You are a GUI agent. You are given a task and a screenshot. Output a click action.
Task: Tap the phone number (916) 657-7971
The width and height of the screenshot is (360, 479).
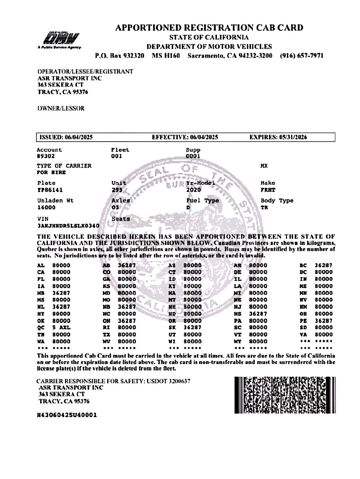[x=301, y=55]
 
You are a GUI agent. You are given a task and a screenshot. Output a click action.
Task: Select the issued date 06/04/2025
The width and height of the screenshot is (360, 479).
[x=77, y=137]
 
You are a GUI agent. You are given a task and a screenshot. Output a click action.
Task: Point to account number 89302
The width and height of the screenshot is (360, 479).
[x=46, y=156]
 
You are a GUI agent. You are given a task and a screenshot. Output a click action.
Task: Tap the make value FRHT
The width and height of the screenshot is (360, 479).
[x=267, y=189]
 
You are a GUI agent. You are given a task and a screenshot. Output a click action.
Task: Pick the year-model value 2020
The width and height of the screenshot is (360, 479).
[x=193, y=189]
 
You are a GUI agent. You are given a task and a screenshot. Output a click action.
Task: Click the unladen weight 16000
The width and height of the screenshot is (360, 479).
[x=46, y=207]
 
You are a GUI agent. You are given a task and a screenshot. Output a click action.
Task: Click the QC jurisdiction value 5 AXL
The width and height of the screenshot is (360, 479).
[x=61, y=327]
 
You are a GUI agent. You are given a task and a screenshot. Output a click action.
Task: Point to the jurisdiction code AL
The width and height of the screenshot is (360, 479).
[x=41, y=265]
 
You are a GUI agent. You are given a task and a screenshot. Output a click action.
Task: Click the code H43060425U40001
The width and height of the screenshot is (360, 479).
[x=66, y=415]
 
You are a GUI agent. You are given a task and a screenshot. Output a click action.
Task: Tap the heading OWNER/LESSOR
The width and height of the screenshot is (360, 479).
[x=61, y=108]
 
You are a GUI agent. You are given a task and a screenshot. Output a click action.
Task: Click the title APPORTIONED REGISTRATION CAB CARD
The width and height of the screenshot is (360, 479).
[x=209, y=28]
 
